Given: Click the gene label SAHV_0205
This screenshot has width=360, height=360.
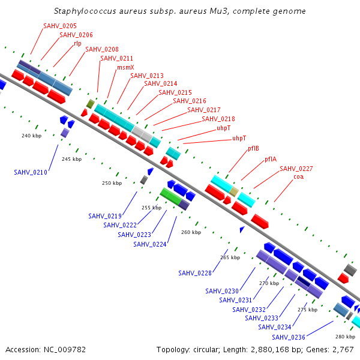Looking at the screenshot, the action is pos(60,26).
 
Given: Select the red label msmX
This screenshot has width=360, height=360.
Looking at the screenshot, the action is pos(125,67).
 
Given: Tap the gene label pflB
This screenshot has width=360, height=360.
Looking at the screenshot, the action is pos(253,149).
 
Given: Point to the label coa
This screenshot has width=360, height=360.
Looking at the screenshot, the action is pos(298,177).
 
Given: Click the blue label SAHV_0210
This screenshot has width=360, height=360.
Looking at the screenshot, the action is pos(31,172).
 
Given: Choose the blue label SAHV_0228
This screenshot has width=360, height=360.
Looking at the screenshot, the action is pos(195,273).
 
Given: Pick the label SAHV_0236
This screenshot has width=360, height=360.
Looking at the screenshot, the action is pos(289,337).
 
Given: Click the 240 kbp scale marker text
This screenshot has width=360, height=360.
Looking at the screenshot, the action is pos(31,136).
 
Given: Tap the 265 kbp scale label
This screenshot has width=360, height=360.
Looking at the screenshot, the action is pos(230,257).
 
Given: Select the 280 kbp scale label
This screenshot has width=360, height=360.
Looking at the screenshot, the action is pos(346,337).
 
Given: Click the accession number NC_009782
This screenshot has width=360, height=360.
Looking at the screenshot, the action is pos(65,350).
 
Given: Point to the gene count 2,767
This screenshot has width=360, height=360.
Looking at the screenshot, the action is pos(343,350).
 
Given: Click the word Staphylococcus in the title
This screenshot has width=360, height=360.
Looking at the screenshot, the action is pos(85,11).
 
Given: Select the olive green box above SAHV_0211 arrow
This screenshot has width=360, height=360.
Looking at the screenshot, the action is pos(91,104).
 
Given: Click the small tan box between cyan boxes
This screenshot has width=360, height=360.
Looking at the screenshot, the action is pos(234,192).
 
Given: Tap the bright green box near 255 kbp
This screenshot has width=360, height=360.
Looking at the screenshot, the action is pos(171,197).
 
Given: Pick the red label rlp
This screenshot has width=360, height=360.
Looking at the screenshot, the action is pos(77,44).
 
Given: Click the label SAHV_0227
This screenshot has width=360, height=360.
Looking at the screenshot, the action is pos(296,169).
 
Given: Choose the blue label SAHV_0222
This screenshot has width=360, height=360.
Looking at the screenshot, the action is pos(120,225).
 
